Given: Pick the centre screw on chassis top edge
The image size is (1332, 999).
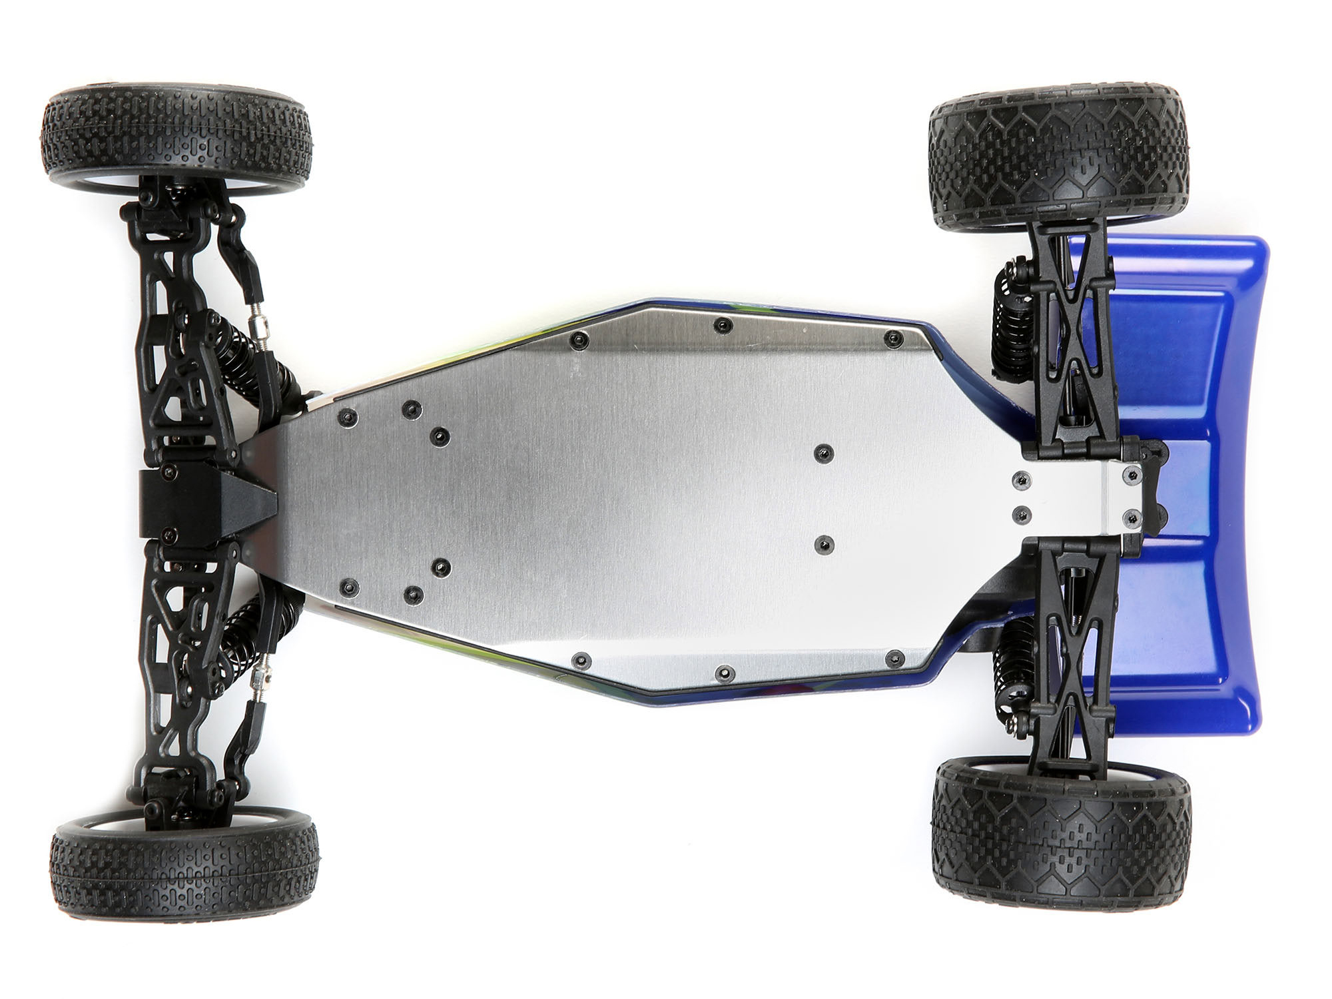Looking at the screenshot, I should click(x=721, y=325).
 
